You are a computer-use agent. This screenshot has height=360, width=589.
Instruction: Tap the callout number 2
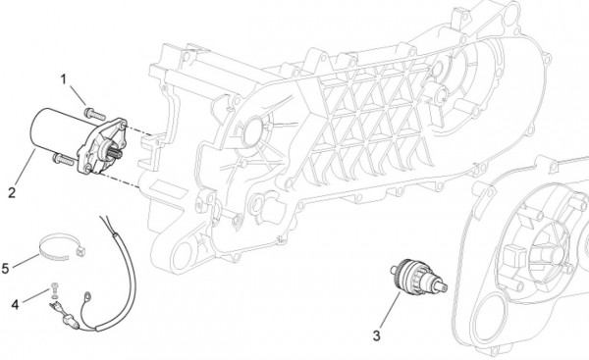point(11,192)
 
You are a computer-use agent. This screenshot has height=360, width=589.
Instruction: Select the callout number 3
point(375,336)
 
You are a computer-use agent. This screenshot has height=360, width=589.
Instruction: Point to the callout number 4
point(15,305)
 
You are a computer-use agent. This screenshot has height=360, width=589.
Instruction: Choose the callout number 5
point(7,266)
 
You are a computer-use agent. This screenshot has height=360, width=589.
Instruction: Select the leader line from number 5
point(27,258)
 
